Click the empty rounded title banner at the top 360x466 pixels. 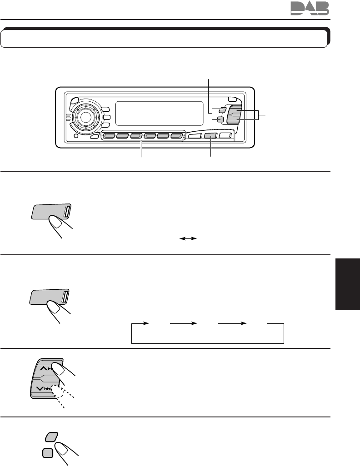pyautogui.click(x=164, y=39)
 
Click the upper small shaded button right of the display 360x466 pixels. pyautogui.click(x=221, y=110)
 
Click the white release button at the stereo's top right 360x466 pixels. pyautogui.click(x=232, y=99)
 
